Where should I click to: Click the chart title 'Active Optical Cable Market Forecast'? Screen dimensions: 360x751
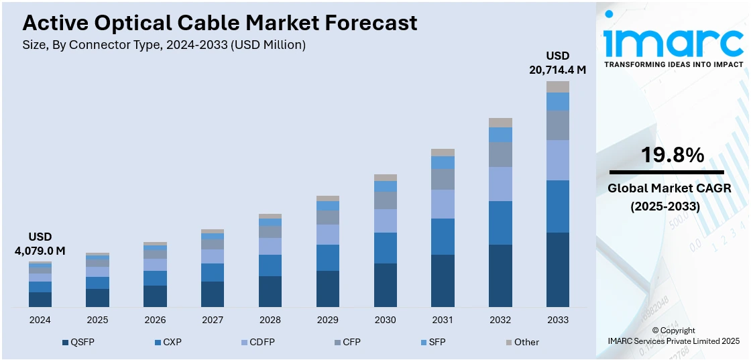tap(220, 23)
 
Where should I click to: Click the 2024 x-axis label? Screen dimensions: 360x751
tap(40, 320)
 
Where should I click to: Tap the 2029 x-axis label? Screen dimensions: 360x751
tap(328, 320)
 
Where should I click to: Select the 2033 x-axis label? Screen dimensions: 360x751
tap(558, 320)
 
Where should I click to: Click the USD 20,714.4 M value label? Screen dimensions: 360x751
tap(558, 62)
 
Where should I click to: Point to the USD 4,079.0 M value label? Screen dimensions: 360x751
tap(40, 244)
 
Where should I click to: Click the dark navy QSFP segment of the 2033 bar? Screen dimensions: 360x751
tap(558, 269)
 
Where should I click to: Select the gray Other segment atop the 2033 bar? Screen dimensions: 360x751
tap(558, 86)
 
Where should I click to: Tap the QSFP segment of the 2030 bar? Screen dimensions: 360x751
tap(385, 285)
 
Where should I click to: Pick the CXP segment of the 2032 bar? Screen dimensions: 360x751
tap(500, 223)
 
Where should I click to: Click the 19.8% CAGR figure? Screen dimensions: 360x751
tap(673, 156)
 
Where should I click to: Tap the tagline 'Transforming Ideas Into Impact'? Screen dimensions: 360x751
tap(673, 64)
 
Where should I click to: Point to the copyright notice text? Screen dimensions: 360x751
tap(673, 336)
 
